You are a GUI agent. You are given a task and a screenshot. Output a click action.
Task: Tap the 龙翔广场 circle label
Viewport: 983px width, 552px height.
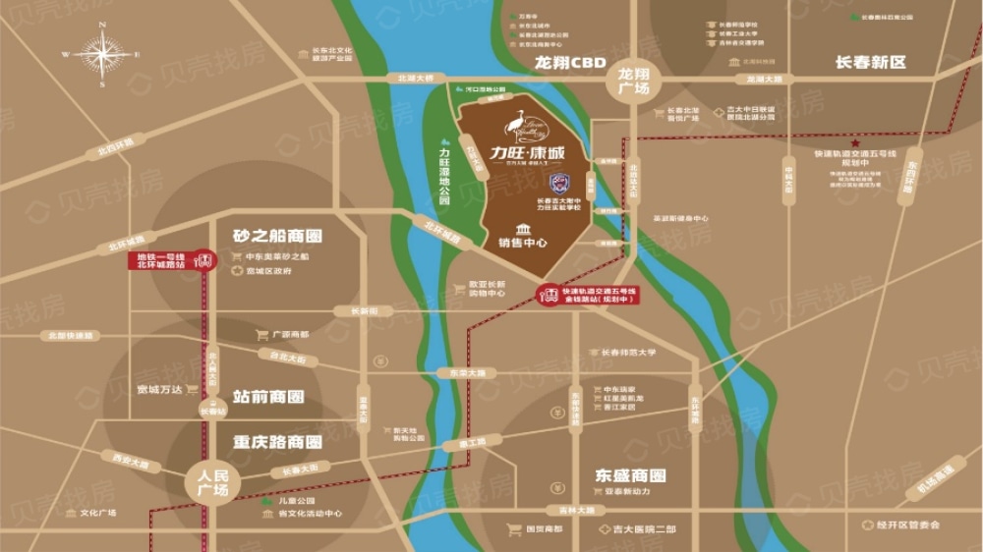point(634,81)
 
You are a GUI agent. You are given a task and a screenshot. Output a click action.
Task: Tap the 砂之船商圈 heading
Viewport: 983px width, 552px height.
point(278,236)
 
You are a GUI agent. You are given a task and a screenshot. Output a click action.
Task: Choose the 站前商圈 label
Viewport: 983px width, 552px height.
point(268,397)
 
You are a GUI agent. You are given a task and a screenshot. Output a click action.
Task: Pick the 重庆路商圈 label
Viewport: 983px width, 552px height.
point(278,441)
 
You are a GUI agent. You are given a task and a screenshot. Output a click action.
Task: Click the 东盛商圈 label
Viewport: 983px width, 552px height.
point(630,475)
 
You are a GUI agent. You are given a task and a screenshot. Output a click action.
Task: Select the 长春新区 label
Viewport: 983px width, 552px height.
point(871,62)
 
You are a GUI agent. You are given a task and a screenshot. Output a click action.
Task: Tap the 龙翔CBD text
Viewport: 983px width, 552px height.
point(571,62)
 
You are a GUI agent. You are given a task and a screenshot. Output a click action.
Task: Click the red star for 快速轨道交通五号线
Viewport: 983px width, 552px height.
point(855,142)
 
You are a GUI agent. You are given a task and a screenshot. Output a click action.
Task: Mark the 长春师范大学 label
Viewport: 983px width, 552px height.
point(626,352)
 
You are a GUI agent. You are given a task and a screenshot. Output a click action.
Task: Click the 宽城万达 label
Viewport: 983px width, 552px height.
point(160,389)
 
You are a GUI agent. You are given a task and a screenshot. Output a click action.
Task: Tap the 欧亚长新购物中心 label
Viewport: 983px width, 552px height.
point(486,288)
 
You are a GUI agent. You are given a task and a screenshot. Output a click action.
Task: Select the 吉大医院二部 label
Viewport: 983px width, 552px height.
point(644,529)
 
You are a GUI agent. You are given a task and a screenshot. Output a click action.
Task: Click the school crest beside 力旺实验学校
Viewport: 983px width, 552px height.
point(560,182)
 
